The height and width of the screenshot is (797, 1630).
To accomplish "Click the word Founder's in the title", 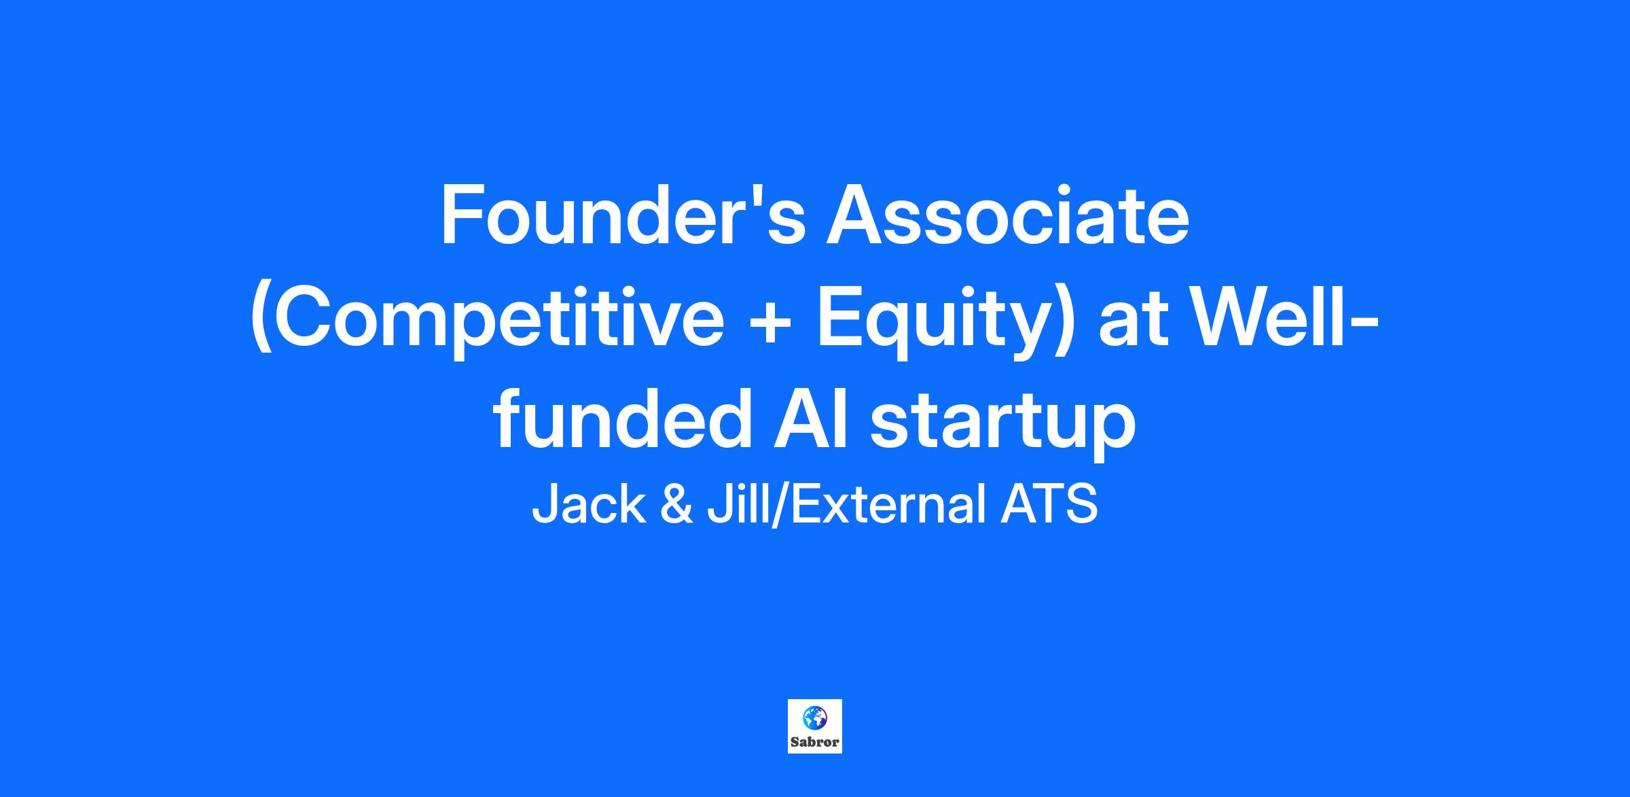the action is coord(623,215).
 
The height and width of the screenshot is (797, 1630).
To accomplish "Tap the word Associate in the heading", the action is coord(1007,215).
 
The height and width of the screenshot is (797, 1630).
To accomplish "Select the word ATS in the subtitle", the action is coord(1049,505).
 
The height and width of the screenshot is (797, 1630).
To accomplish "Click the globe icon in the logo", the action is coord(814,717).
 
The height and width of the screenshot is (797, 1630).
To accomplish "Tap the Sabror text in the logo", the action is coord(815,742).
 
